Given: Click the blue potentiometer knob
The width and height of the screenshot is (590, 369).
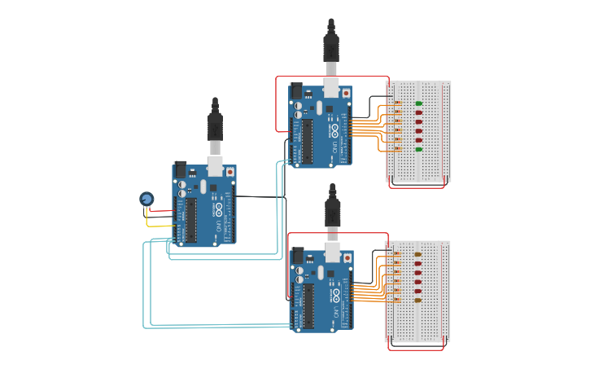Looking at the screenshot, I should click(146, 198).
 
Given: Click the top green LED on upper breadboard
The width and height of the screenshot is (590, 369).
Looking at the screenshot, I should click(419, 103).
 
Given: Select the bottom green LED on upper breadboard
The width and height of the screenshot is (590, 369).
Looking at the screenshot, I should click(419, 149).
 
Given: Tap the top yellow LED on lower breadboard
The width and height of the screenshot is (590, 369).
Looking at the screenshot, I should click(417, 254).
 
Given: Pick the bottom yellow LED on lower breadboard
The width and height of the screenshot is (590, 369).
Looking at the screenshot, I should click(417, 300).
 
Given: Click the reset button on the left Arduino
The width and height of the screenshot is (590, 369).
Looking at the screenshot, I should click(229, 172).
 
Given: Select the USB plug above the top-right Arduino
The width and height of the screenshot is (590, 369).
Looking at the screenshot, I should click(331, 48).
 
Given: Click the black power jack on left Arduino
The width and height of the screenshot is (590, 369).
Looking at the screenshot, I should click(181, 169).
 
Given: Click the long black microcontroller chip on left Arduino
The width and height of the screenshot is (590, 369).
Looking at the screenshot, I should click(191, 220).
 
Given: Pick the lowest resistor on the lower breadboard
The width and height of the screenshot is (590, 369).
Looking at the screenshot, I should click(396, 300).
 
